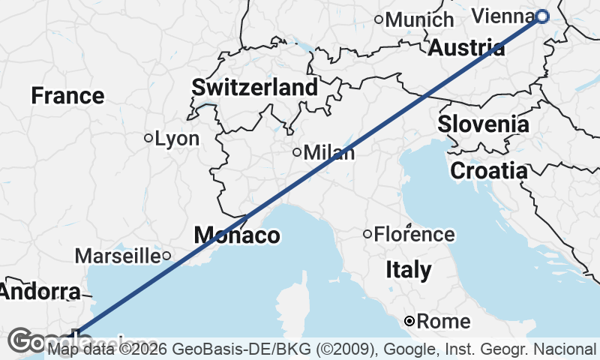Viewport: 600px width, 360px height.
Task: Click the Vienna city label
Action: (x=505, y=15)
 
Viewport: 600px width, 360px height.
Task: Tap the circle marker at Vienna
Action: (x=542, y=16)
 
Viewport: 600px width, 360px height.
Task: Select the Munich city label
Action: (x=420, y=19)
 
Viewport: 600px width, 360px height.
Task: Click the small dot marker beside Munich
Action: (x=379, y=19)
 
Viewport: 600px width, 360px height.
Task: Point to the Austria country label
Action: (x=466, y=49)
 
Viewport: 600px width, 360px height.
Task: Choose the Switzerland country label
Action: (x=255, y=87)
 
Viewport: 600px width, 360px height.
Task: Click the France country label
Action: (x=67, y=96)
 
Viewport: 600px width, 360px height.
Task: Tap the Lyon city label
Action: (x=177, y=139)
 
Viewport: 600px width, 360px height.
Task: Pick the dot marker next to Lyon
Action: (x=148, y=138)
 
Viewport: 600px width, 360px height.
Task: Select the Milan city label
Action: (x=329, y=152)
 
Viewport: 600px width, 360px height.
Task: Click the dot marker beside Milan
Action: (x=297, y=152)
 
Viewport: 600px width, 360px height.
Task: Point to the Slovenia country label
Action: (x=483, y=124)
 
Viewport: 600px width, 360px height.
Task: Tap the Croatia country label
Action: (x=489, y=170)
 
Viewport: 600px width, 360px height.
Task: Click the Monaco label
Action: (x=237, y=235)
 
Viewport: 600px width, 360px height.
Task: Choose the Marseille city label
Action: (x=118, y=256)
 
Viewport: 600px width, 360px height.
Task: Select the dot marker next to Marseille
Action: (x=166, y=256)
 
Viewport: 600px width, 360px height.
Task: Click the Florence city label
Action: (x=415, y=235)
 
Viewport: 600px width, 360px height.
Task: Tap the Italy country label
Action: (x=409, y=270)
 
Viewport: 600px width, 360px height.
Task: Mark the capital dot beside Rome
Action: (x=409, y=321)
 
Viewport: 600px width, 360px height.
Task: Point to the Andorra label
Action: (x=39, y=292)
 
